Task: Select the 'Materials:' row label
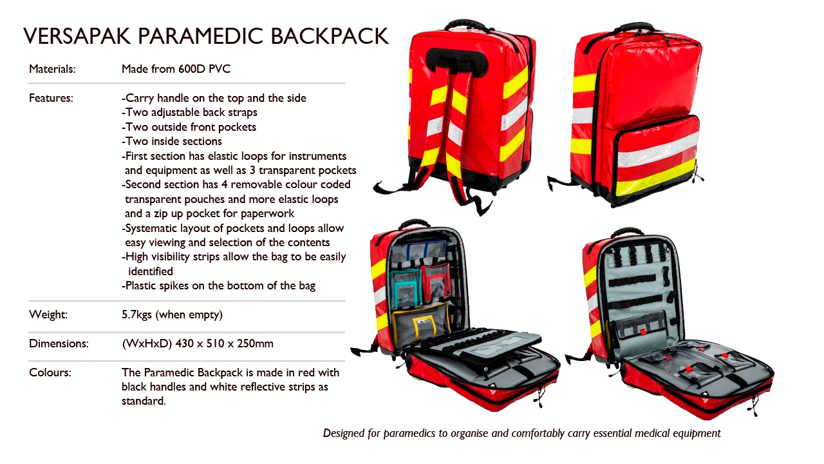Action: coord(52,69)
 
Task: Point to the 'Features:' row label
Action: coord(51,98)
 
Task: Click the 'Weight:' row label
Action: coord(48,314)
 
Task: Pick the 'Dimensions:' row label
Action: coord(59,343)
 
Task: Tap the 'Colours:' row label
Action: coord(50,372)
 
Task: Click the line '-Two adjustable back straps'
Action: coord(189,112)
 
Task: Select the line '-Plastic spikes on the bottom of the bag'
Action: coord(218,285)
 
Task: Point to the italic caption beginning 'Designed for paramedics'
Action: coord(521,433)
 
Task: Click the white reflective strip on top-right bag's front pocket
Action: coord(657,150)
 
